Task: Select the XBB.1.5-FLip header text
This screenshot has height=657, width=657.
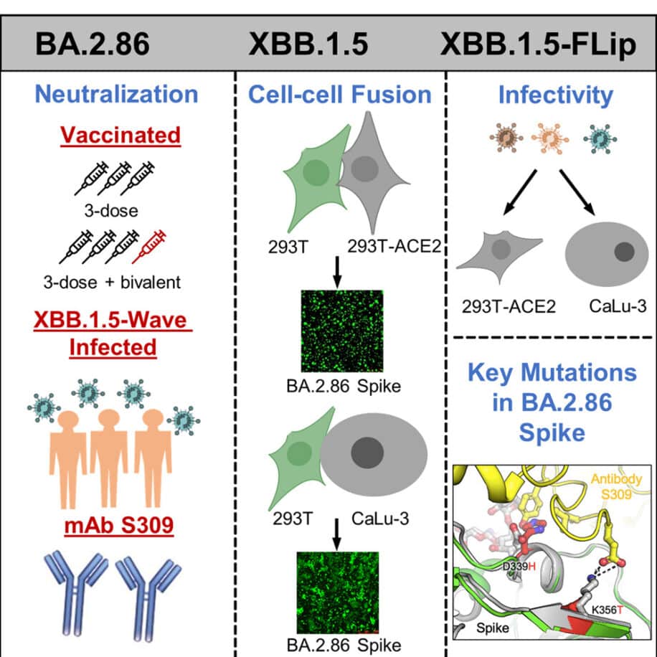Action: click(548, 44)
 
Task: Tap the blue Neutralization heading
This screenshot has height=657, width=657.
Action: click(116, 94)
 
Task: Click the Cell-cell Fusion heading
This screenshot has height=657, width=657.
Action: click(340, 94)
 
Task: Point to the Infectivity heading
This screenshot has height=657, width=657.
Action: click(556, 94)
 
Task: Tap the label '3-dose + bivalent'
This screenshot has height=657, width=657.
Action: click(119, 282)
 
